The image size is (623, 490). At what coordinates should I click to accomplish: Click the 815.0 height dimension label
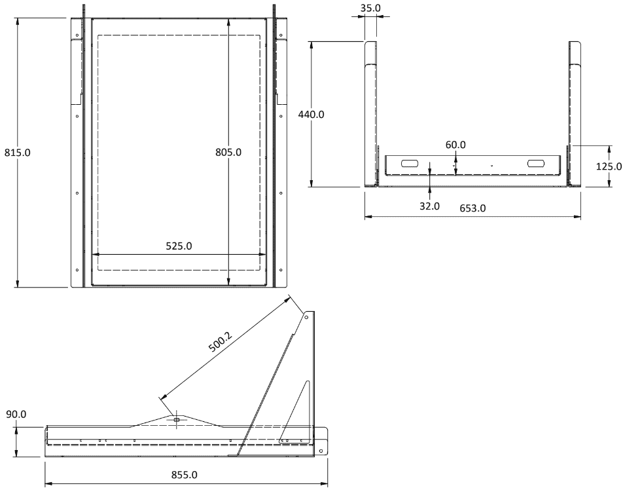coord(17,153)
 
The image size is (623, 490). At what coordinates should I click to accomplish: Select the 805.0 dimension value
coord(228,153)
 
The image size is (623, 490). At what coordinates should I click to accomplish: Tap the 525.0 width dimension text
coord(179,246)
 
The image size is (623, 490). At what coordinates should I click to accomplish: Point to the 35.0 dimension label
coord(370,8)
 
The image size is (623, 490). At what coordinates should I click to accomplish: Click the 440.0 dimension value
coord(311,115)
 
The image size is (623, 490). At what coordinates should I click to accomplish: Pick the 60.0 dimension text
coord(455,145)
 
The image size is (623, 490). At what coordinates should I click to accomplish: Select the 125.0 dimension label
coord(609,166)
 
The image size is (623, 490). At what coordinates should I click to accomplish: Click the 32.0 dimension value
coord(430,206)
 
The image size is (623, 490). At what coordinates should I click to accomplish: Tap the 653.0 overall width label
coord(472,208)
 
